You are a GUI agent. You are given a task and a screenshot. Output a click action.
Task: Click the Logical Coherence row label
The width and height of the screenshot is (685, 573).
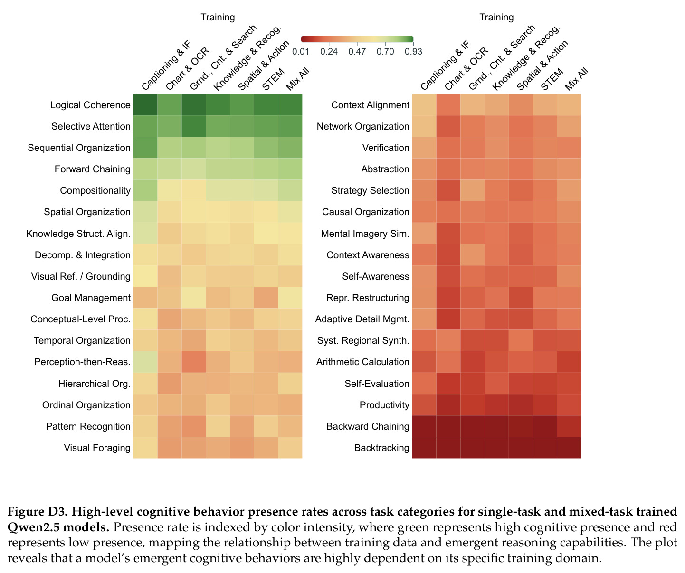[90, 105]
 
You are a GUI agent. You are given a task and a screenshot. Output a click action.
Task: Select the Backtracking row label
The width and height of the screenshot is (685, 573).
[381, 448]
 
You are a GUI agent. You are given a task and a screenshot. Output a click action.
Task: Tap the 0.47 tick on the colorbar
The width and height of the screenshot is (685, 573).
[357, 44]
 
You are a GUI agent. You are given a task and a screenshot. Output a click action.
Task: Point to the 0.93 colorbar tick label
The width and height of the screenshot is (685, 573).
[413, 51]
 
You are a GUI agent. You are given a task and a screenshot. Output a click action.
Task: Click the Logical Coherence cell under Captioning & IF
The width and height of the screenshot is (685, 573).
[145, 105]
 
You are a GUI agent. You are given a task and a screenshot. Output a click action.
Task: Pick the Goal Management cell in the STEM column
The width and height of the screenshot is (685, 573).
[266, 298]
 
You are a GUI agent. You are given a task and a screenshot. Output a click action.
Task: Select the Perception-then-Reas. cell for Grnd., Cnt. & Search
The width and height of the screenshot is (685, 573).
[193, 362]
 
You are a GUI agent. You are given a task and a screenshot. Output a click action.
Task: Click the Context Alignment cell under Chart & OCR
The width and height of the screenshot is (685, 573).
[448, 105]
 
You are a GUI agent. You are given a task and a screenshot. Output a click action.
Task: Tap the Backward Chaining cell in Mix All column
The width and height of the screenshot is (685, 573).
[569, 426]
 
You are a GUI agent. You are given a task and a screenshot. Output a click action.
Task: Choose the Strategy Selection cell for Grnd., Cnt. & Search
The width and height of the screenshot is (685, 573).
[472, 190]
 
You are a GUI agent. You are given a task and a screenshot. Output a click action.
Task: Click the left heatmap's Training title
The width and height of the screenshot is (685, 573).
[218, 17]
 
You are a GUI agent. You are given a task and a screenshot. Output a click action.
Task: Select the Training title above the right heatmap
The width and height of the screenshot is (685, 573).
[497, 17]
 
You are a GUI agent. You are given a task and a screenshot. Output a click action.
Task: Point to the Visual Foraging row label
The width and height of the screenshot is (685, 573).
[97, 448]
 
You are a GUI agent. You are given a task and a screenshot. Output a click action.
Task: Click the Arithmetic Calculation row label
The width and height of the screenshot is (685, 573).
[362, 362]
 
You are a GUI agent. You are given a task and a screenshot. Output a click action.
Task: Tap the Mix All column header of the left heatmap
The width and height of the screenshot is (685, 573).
[297, 79]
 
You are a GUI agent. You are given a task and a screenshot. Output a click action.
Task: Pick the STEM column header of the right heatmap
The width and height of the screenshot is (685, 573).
[552, 79]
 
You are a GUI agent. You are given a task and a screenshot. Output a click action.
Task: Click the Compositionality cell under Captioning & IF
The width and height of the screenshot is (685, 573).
[145, 190]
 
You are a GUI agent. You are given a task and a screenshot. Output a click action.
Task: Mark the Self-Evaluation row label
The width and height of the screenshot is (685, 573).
[377, 384]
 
